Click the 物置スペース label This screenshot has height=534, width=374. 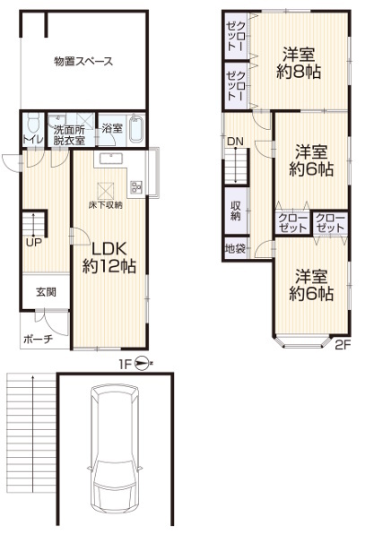[83, 62]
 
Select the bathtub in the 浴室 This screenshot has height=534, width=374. [137, 130]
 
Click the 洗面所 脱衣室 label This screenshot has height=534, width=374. [69, 135]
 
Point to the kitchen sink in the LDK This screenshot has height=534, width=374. [111, 159]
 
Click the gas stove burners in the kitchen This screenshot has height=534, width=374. [136, 186]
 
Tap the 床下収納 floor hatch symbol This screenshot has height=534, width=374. [106, 191]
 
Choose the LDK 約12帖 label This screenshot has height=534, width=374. [109, 257]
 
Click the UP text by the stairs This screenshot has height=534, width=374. [34, 243]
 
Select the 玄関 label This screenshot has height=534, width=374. [47, 292]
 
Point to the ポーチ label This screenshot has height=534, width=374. [39, 339]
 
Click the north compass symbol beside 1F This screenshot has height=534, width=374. [142, 364]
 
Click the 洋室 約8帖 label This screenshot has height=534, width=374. [299, 63]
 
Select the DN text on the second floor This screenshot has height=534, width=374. [236, 142]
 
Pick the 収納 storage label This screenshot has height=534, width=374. [236, 211]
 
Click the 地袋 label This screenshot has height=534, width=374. [235, 248]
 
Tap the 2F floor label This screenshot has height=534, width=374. [343, 345]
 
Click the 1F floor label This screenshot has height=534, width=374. [126, 365]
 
